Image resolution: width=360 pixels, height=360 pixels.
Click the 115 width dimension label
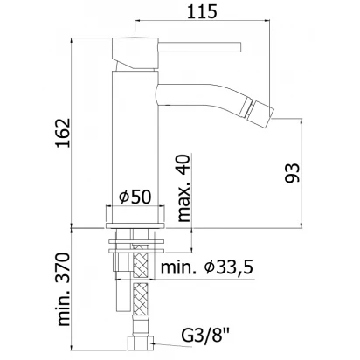point(202,11)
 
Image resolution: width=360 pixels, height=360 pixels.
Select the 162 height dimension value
point(63,133)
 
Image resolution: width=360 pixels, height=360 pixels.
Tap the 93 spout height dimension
point(292,173)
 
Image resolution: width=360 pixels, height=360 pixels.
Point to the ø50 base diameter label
point(135,197)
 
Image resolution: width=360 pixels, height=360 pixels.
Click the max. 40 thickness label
point(183,188)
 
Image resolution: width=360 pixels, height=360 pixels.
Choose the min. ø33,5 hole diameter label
point(206,267)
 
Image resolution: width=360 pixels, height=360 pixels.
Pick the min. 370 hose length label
point(64,289)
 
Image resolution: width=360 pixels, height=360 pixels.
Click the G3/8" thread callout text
point(205,336)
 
